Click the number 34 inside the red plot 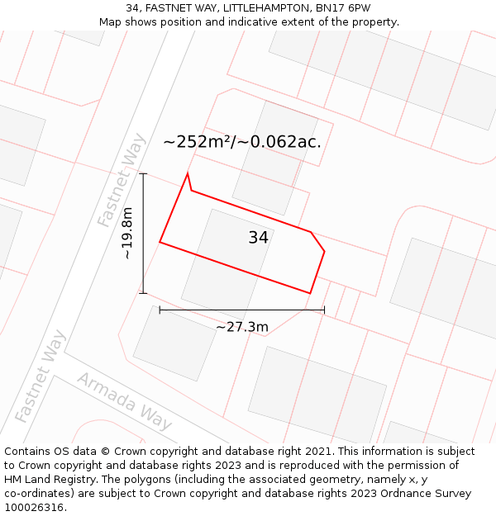pyautogui.click(x=258, y=238)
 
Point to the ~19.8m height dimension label pyautogui.click(x=127, y=234)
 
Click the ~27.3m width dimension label pyautogui.click(x=242, y=327)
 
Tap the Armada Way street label pyautogui.click(x=125, y=401)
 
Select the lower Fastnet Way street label pyautogui.click(x=40, y=376)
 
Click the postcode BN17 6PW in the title pyautogui.click(x=342, y=8)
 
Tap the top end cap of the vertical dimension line pyautogui.click(x=143, y=174)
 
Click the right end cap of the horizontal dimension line pyautogui.click(x=324, y=310)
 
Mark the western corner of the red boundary pyautogui.click(x=160, y=242)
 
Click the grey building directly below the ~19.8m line pyautogui.click(x=174, y=343)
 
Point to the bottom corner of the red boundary pyautogui.click(x=309, y=293)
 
